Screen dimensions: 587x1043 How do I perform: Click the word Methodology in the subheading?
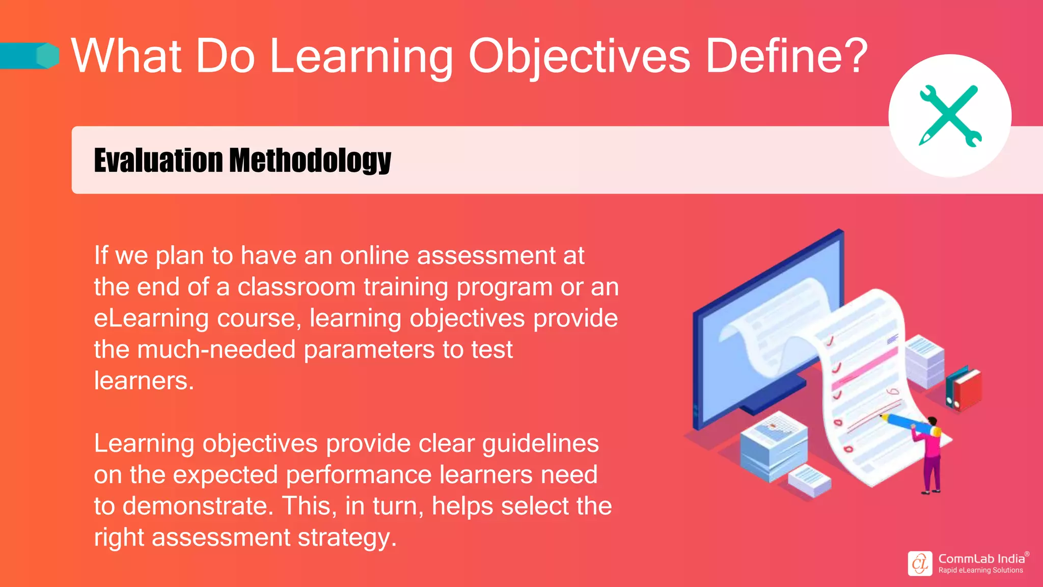310,161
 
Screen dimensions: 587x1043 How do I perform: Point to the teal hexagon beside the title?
48,56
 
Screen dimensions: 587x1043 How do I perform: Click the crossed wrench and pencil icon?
950,116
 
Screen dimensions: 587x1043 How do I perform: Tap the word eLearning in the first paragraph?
151,318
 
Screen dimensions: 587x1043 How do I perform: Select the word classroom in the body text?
296,287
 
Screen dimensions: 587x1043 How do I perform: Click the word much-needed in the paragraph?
216,350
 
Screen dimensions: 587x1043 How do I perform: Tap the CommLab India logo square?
920,564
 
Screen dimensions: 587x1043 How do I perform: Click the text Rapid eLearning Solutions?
980,570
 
